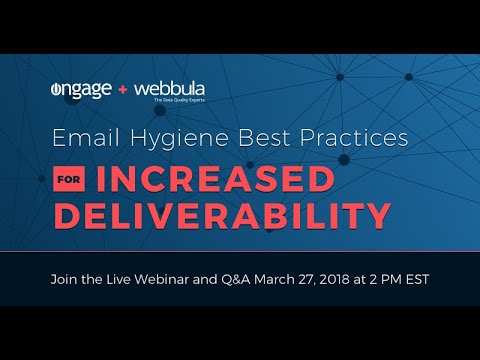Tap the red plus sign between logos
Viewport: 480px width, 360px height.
[x=123, y=91]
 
